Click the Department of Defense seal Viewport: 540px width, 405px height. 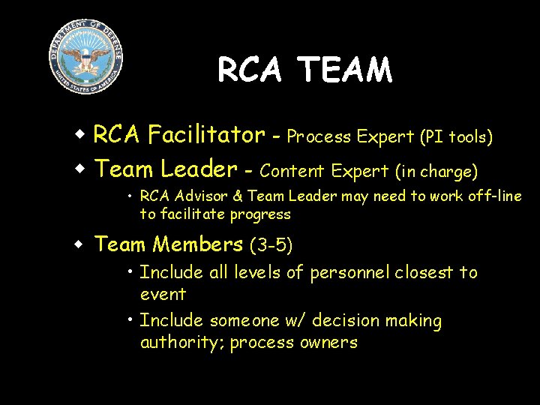tap(85, 57)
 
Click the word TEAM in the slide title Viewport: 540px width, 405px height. tap(345, 70)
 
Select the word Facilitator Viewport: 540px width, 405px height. tap(206, 135)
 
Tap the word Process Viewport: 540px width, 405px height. tap(319, 137)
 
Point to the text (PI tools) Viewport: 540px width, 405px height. tap(456, 137)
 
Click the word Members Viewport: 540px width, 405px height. tap(198, 244)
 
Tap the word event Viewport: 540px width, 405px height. tap(163, 294)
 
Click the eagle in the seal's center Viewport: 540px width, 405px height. tap(85, 56)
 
